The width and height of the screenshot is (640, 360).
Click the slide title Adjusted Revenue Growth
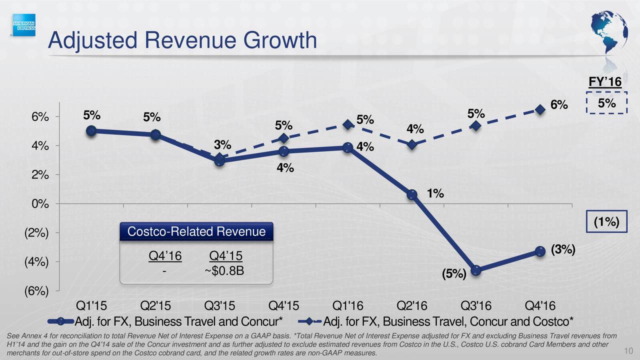pyautogui.click(x=182, y=40)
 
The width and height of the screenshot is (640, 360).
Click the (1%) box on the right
pyautogui.click(x=606, y=222)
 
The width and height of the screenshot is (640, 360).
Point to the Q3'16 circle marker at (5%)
pyautogui.click(x=476, y=270)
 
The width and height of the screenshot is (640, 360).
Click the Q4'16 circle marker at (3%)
pyautogui.click(x=540, y=251)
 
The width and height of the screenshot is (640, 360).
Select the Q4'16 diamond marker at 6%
pyautogui.click(x=540, y=109)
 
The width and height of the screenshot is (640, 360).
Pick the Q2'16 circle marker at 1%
pyautogui.click(x=412, y=194)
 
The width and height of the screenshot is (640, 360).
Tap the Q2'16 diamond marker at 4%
pyautogui.click(x=412, y=144)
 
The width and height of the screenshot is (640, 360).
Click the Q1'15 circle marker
pyautogui.click(x=91, y=130)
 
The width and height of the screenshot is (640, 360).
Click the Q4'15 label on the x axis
pyautogui.click(x=284, y=305)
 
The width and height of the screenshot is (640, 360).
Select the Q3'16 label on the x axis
pyautogui.click(x=476, y=305)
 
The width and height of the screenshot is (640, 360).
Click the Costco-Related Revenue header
pyautogui.click(x=196, y=232)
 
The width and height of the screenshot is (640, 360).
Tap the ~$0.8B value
pyautogui.click(x=224, y=270)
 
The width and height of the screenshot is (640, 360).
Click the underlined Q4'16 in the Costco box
pyautogui.click(x=165, y=256)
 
